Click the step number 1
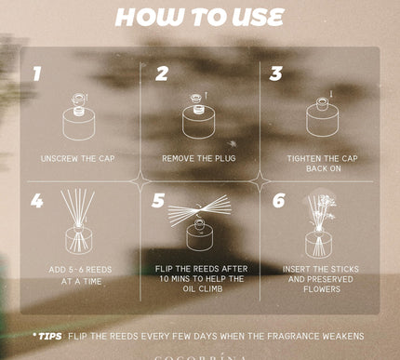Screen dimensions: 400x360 pyautogui.click(x=37, y=73)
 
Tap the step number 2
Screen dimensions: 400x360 pyautogui.click(x=162, y=73)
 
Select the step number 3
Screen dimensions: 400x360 pyautogui.click(x=275, y=73)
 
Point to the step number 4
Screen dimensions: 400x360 pyautogui.click(x=37, y=201)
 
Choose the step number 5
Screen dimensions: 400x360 pyautogui.click(x=158, y=200)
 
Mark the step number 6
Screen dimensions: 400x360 pyautogui.click(x=279, y=200)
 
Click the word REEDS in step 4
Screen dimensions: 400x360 pyautogui.click(x=99, y=270)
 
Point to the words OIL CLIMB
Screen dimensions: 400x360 pyautogui.click(x=203, y=289)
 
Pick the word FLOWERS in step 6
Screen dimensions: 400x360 pyautogui.click(x=322, y=289)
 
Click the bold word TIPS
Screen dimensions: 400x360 pyautogui.click(x=50, y=337)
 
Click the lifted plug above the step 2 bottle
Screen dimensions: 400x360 pyautogui.click(x=195, y=98)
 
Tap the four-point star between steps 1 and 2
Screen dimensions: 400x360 pyautogui.click(x=140, y=181)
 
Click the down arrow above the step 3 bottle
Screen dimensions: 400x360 pyautogui.click(x=331, y=94)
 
